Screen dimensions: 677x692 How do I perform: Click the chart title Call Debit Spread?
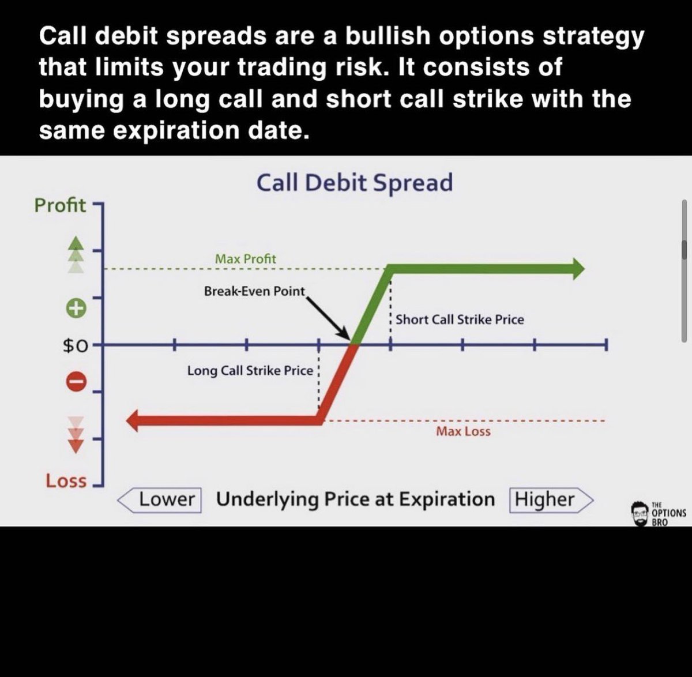pyautogui.click(x=354, y=183)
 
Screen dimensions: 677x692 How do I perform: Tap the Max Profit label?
pyautogui.click(x=245, y=259)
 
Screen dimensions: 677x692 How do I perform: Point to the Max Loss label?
pyautogui.click(x=463, y=431)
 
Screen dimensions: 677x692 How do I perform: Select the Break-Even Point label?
pyautogui.click(x=254, y=291)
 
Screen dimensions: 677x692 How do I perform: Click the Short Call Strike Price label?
pyautogui.click(x=460, y=319)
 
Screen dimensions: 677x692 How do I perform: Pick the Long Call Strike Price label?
pyautogui.click(x=250, y=370)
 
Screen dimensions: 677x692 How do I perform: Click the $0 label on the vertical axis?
pyautogui.click(x=75, y=346)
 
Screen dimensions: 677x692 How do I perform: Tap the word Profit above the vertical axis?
pyautogui.click(x=60, y=205)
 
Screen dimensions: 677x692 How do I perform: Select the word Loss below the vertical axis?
pyautogui.click(x=66, y=481)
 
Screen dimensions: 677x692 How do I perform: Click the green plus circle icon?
pyautogui.click(x=77, y=308)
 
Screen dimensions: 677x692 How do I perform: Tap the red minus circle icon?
pyautogui.click(x=77, y=381)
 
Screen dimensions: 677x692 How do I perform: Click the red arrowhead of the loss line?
pyautogui.click(x=133, y=421)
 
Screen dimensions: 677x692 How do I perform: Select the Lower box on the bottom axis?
pyautogui.click(x=166, y=499)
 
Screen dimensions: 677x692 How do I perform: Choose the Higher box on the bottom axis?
pyautogui.click(x=545, y=499)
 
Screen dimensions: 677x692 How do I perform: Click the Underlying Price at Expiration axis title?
pyautogui.click(x=355, y=499)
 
